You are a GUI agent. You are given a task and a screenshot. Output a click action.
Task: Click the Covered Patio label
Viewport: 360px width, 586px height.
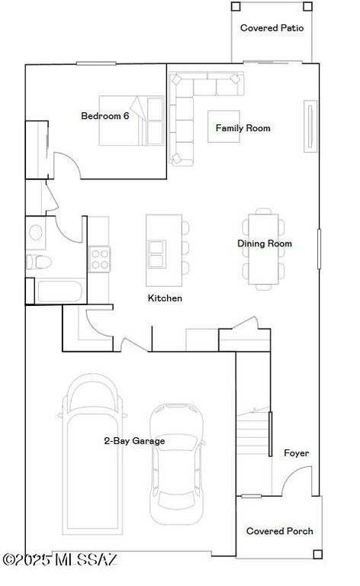272,28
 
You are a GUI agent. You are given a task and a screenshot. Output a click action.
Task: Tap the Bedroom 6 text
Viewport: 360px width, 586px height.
105,116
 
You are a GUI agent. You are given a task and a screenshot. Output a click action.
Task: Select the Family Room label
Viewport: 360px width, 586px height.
243,128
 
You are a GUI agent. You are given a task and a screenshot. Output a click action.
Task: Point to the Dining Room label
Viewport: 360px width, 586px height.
264,244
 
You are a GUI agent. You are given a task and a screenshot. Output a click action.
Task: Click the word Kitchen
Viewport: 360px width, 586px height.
165,298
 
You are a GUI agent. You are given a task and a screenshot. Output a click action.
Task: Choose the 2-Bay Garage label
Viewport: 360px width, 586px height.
134,441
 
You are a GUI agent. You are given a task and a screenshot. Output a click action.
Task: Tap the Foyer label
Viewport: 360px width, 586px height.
296,453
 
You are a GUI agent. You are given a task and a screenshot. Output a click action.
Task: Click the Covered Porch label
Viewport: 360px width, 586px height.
279,531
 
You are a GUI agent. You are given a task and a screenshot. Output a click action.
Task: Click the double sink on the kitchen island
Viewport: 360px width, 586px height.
157,253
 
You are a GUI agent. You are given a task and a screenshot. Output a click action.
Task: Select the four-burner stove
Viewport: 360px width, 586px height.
99,259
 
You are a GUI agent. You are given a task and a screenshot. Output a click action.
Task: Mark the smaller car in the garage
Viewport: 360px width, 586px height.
176,461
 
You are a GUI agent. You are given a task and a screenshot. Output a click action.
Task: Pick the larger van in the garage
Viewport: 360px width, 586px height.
92,458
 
